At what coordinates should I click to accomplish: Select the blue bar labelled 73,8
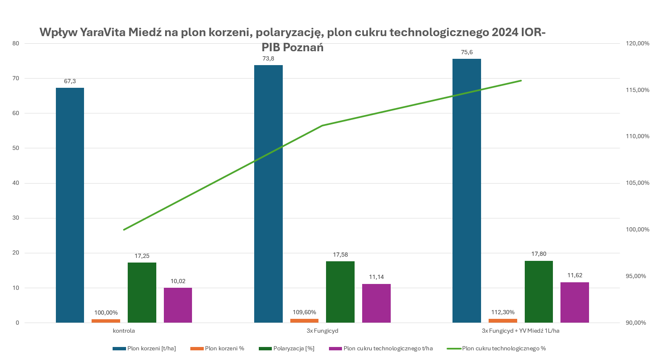click(x=268, y=194)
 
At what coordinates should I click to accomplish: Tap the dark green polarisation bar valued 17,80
click(x=539, y=292)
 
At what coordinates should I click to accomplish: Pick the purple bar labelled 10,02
click(x=178, y=305)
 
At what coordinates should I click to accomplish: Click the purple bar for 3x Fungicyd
click(x=376, y=303)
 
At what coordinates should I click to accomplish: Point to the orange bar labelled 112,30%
click(x=502, y=321)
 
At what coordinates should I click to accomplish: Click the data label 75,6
click(x=467, y=53)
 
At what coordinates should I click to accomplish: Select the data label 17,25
click(x=142, y=256)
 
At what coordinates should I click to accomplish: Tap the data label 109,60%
click(x=305, y=313)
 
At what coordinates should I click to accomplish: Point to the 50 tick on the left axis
click(x=16, y=148)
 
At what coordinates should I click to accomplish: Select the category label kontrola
click(x=124, y=331)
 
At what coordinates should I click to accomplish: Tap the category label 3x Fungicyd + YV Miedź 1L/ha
click(x=521, y=331)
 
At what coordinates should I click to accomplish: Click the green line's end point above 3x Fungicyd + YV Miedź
click(x=521, y=80)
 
